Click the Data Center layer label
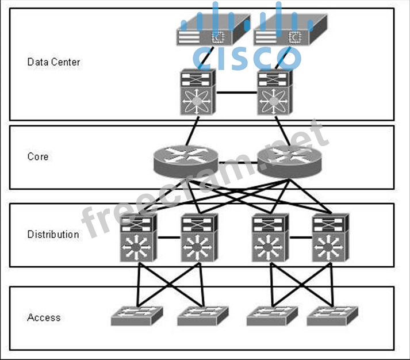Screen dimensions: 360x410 point(53,62)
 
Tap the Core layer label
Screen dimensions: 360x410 point(38,156)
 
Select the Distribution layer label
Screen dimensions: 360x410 point(53,235)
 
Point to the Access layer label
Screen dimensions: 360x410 point(44,317)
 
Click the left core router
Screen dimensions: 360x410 point(186,160)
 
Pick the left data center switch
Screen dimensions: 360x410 point(197,92)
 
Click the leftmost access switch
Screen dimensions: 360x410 point(137,315)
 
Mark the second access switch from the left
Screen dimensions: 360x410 point(203,315)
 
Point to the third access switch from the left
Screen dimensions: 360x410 point(272,315)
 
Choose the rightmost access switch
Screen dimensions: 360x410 point(332,315)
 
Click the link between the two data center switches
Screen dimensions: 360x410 point(236,93)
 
